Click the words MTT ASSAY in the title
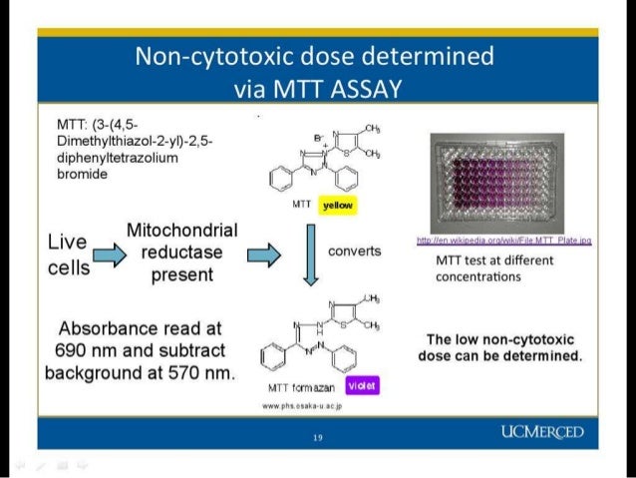[x=316, y=90]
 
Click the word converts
[x=354, y=250]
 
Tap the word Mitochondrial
[x=181, y=231]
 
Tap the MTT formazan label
[x=297, y=387]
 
